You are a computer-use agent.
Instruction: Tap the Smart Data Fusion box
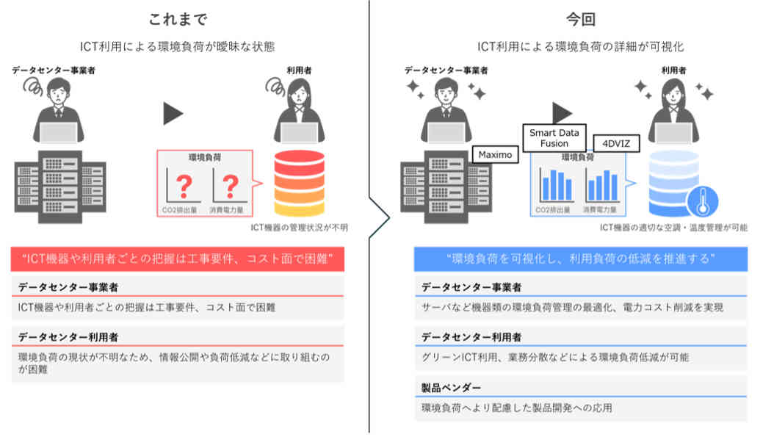click(554, 137)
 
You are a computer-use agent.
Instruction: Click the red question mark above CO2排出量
click(184, 186)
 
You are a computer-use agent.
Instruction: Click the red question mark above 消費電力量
click(230, 186)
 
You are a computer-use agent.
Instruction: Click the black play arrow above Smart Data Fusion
click(562, 112)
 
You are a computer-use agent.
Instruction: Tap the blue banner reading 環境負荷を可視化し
click(580, 259)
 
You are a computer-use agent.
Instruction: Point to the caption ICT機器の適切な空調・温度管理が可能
click(673, 228)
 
